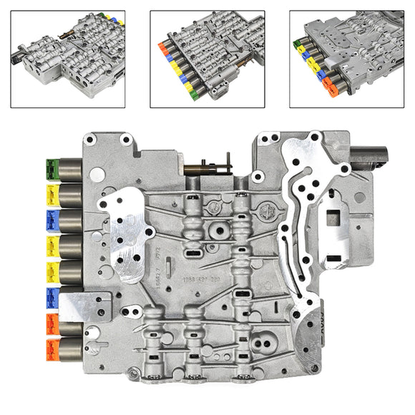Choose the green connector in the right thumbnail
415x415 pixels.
pos(296,45)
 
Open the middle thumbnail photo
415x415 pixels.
pos(207,59)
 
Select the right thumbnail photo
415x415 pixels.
pos(346,59)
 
